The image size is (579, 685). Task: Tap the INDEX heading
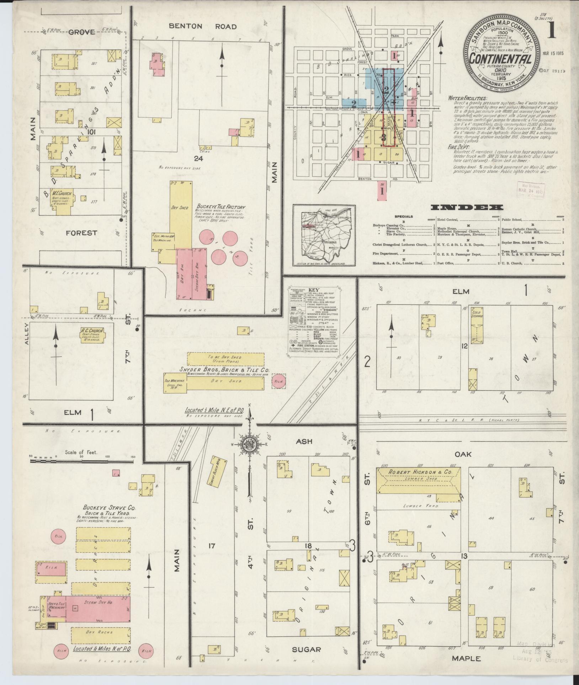[x=467, y=208]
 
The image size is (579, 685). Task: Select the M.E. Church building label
[x=62, y=194]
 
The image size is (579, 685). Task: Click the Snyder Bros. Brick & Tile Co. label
[x=223, y=370]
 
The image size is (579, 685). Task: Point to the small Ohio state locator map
[x=323, y=235]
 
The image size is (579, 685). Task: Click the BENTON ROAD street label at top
[x=203, y=26]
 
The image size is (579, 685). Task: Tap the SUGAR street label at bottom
[x=306, y=649]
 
